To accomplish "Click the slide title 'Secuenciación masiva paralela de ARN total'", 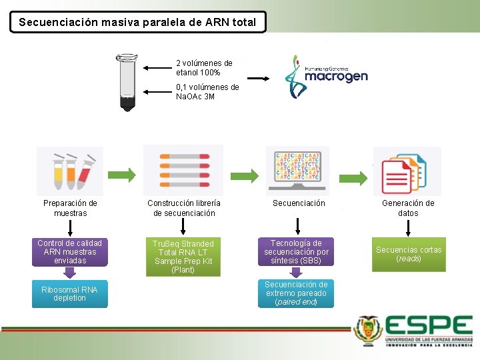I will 137,22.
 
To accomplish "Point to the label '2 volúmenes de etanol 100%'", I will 204,67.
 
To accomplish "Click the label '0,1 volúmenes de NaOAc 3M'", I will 207,92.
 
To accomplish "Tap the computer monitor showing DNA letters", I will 298,171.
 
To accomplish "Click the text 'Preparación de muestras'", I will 70,208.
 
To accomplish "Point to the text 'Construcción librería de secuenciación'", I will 184,208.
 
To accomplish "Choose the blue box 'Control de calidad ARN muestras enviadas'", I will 69,253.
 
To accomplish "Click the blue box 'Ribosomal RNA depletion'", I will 69,294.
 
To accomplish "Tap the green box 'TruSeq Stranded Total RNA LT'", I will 183,257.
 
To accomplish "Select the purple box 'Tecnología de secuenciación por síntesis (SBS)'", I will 296,252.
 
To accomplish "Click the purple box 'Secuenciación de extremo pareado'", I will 296,293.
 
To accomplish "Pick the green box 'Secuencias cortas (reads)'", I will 409,254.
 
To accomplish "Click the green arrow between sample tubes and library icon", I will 124,175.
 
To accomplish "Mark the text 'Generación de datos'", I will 408,208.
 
